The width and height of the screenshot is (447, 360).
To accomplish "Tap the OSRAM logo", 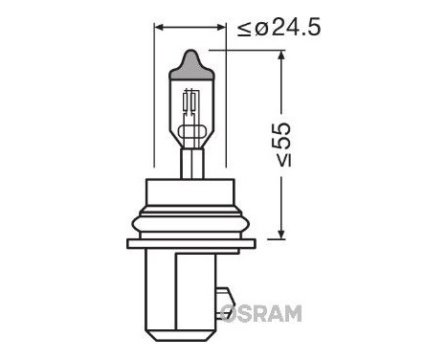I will pyautogui.click(x=260, y=313).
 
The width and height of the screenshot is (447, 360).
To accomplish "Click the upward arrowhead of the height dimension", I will pyautogui.click(x=281, y=58).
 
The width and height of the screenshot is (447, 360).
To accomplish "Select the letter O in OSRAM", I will pyautogui.click(x=231, y=313).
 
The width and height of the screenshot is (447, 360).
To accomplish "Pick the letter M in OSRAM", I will pyautogui.click(x=291, y=313).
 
